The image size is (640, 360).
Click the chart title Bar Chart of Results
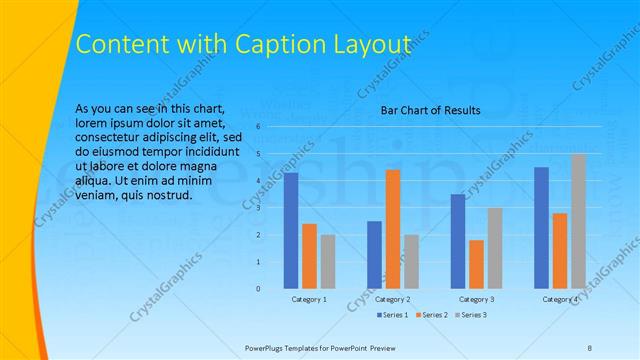point(430,110)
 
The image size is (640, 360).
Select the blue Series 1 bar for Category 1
point(291,231)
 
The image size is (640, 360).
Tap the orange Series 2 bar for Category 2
point(393,229)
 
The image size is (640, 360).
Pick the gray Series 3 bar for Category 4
point(579,221)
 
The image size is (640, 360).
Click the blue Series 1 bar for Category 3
point(458,241)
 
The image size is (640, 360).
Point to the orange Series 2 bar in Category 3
point(476,264)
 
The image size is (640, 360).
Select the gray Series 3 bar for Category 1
point(328,262)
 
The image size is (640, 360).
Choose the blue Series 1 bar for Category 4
point(542,228)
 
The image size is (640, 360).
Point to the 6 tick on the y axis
point(258,127)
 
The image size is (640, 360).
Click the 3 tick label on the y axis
point(258,208)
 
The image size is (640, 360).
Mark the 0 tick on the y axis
point(258,289)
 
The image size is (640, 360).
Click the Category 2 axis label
point(393,300)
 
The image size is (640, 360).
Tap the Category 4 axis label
point(561,300)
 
